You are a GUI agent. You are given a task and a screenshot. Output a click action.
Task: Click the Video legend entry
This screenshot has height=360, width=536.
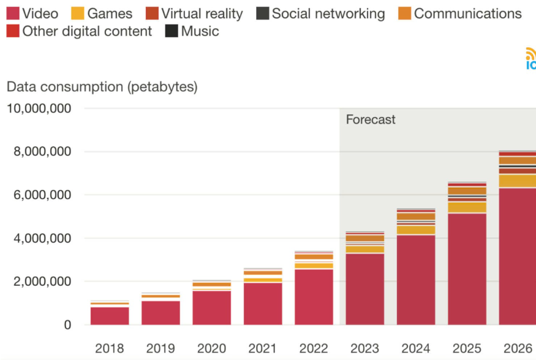pos(33,13)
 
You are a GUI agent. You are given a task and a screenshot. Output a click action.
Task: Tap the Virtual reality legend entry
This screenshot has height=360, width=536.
pos(195,13)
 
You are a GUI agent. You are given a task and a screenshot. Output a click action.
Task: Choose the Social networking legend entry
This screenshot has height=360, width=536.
pos(321,13)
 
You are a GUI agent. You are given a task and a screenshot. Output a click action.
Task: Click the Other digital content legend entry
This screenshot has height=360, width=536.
pos(80,31)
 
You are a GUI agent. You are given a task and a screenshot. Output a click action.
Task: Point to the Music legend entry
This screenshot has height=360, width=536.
pos(192,31)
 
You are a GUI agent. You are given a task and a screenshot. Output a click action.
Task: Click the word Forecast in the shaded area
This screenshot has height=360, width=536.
pos(371,119)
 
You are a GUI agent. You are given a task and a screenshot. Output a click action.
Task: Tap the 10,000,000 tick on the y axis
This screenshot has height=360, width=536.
pos(48,109)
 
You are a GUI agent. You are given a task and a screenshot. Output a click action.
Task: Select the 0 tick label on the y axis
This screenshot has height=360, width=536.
pos(68,325)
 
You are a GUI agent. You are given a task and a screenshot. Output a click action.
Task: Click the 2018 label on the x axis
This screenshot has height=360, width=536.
pos(110,349)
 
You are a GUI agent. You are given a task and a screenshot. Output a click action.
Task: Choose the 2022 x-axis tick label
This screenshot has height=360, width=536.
pos(314,349)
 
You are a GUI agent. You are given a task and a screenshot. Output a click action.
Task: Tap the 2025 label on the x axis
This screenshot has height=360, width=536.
pos(467,349)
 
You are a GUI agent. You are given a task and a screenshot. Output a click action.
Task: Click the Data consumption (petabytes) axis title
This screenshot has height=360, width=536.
pos(102,87)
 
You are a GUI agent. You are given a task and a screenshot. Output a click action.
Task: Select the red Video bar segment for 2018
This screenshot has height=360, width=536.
pos(110,316)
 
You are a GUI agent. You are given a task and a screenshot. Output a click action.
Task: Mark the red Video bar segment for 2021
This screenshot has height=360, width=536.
pos(263,304)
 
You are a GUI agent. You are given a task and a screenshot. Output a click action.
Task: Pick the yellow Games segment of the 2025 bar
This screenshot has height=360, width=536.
pos(467,208)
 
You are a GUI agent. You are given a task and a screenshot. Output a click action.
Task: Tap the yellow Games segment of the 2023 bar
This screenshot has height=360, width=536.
pos(365,249)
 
